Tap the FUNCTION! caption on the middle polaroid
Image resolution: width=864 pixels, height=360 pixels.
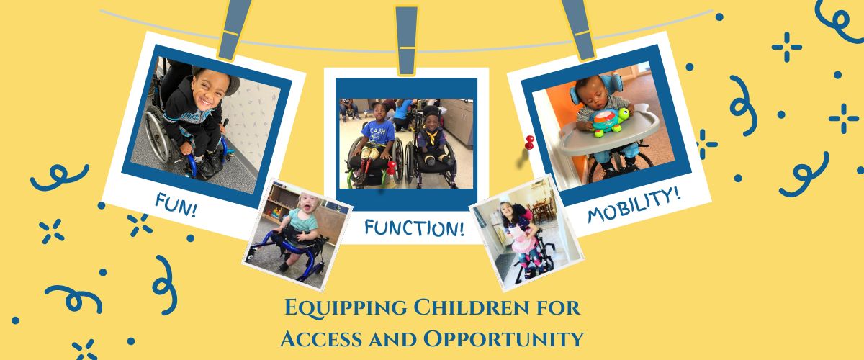pyautogui.click(x=414, y=228)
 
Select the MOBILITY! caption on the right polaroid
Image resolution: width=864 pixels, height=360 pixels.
pyautogui.click(x=634, y=205)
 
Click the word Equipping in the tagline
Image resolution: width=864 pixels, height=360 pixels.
pyautogui.click(x=346, y=308)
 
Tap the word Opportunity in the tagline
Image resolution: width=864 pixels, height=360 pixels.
pyautogui.click(x=504, y=340)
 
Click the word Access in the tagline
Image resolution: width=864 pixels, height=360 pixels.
pyautogui.click(x=321, y=339)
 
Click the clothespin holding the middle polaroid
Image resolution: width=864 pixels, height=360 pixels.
pyautogui.click(x=406, y=40)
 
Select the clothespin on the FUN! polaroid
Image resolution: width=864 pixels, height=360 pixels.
pyautogui.click(x=233, y=29)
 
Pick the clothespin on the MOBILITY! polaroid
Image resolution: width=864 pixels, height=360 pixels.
pyautogui.click(x=580, y=29)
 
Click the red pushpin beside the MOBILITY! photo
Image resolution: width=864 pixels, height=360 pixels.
pyautogui.click(x=529, y=142)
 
